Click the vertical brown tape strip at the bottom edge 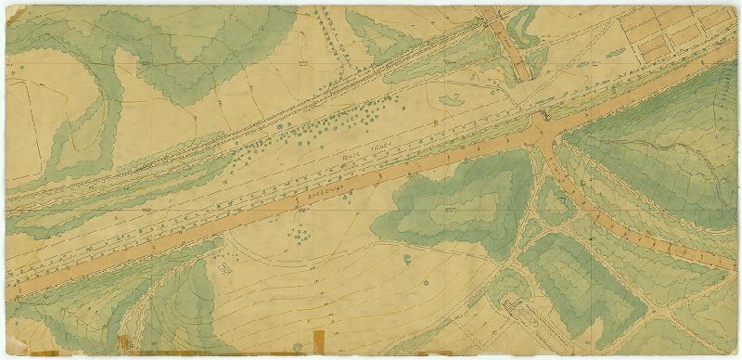(318, 343)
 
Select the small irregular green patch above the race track (453, 99)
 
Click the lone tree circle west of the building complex (405, 256)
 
